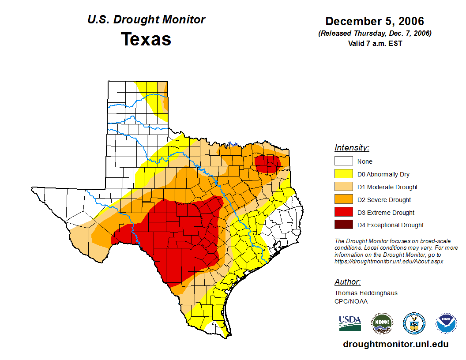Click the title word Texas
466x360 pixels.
[x=146, y=39]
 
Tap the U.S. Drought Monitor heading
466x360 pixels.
[x=146, y=20]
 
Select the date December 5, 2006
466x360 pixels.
[x=375, y=21]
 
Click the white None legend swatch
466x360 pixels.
[x=343, y=161]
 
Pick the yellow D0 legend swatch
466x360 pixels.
[x=343, y=174]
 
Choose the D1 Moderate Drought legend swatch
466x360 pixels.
[x=343, y=187]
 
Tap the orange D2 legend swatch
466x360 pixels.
[x=343, y=200]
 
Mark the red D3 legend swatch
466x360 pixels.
[x=343, y=213]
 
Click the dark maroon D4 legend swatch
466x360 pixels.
[x=343, y=225]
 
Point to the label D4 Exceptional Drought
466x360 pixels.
[x=390, y=225]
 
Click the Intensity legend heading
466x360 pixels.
[x=352, y=148]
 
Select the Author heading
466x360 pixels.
[x=347, y=282]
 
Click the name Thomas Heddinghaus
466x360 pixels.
[x=366, y=293]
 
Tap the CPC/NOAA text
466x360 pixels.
[x=351, y=301]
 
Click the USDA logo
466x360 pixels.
[x=350, y=323]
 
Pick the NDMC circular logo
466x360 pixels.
[x=382, y=323]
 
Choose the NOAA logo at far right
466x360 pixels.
[x=446, y=323]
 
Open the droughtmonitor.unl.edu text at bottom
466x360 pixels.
[x=396, y=344]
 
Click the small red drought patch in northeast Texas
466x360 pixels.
[x=267, y=164]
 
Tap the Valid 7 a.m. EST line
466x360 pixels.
[x=375, y=43]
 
